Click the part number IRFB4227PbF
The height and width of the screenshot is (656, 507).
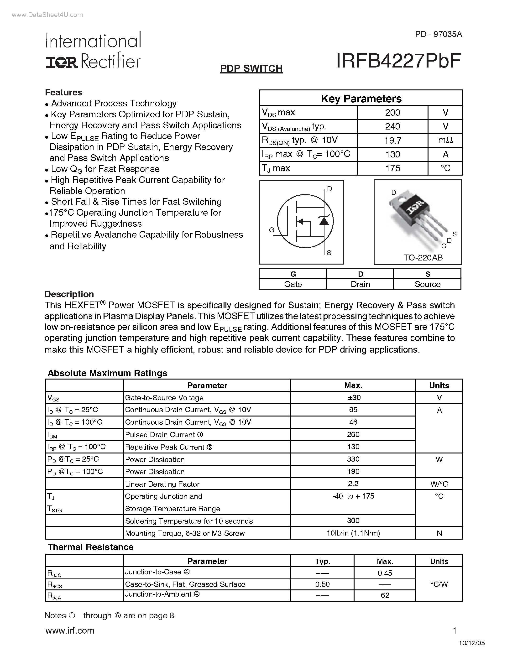[398, 61]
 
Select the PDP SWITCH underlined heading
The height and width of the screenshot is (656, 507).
[251, 68]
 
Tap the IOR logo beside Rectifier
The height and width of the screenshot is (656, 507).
[62, 62]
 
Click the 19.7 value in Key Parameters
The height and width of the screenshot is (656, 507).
[392, 140]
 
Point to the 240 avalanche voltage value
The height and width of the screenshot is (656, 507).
[392, 126]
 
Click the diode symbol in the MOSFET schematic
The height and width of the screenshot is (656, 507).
[324, 221]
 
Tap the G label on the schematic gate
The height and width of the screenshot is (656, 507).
[272, 230]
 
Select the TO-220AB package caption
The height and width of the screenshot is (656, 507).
[423, 258]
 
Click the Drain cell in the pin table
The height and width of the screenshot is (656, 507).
[360, 284]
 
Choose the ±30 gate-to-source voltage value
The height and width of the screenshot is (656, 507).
[353, 398]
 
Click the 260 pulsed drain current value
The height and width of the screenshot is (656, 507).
[353, 435]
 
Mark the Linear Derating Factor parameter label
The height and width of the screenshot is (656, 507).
[162, 484]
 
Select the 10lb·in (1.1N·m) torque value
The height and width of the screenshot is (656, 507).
[353, 533]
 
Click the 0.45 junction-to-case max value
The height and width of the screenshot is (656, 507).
[385, 573]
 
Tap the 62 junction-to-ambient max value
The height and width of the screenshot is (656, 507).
[385, 595]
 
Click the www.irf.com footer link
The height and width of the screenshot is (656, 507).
[70, 630]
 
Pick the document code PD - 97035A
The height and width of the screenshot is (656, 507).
[439, 35]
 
